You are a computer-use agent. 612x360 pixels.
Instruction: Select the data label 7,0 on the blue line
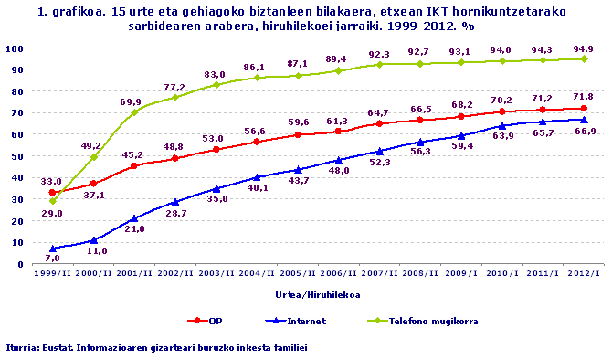click(53, 259)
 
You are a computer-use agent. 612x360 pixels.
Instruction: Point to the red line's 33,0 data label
click(53, 181)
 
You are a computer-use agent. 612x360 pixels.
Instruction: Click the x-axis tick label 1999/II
click(53, 273)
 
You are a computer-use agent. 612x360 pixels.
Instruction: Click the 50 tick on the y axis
click(17, 155)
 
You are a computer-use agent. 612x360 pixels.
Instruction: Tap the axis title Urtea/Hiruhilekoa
click(316, 294)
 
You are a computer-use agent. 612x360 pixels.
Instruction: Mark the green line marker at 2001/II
click(134, 112)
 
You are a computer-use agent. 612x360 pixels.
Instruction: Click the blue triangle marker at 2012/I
click(584, 120)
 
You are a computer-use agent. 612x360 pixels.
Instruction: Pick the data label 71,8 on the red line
click(583, 96)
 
